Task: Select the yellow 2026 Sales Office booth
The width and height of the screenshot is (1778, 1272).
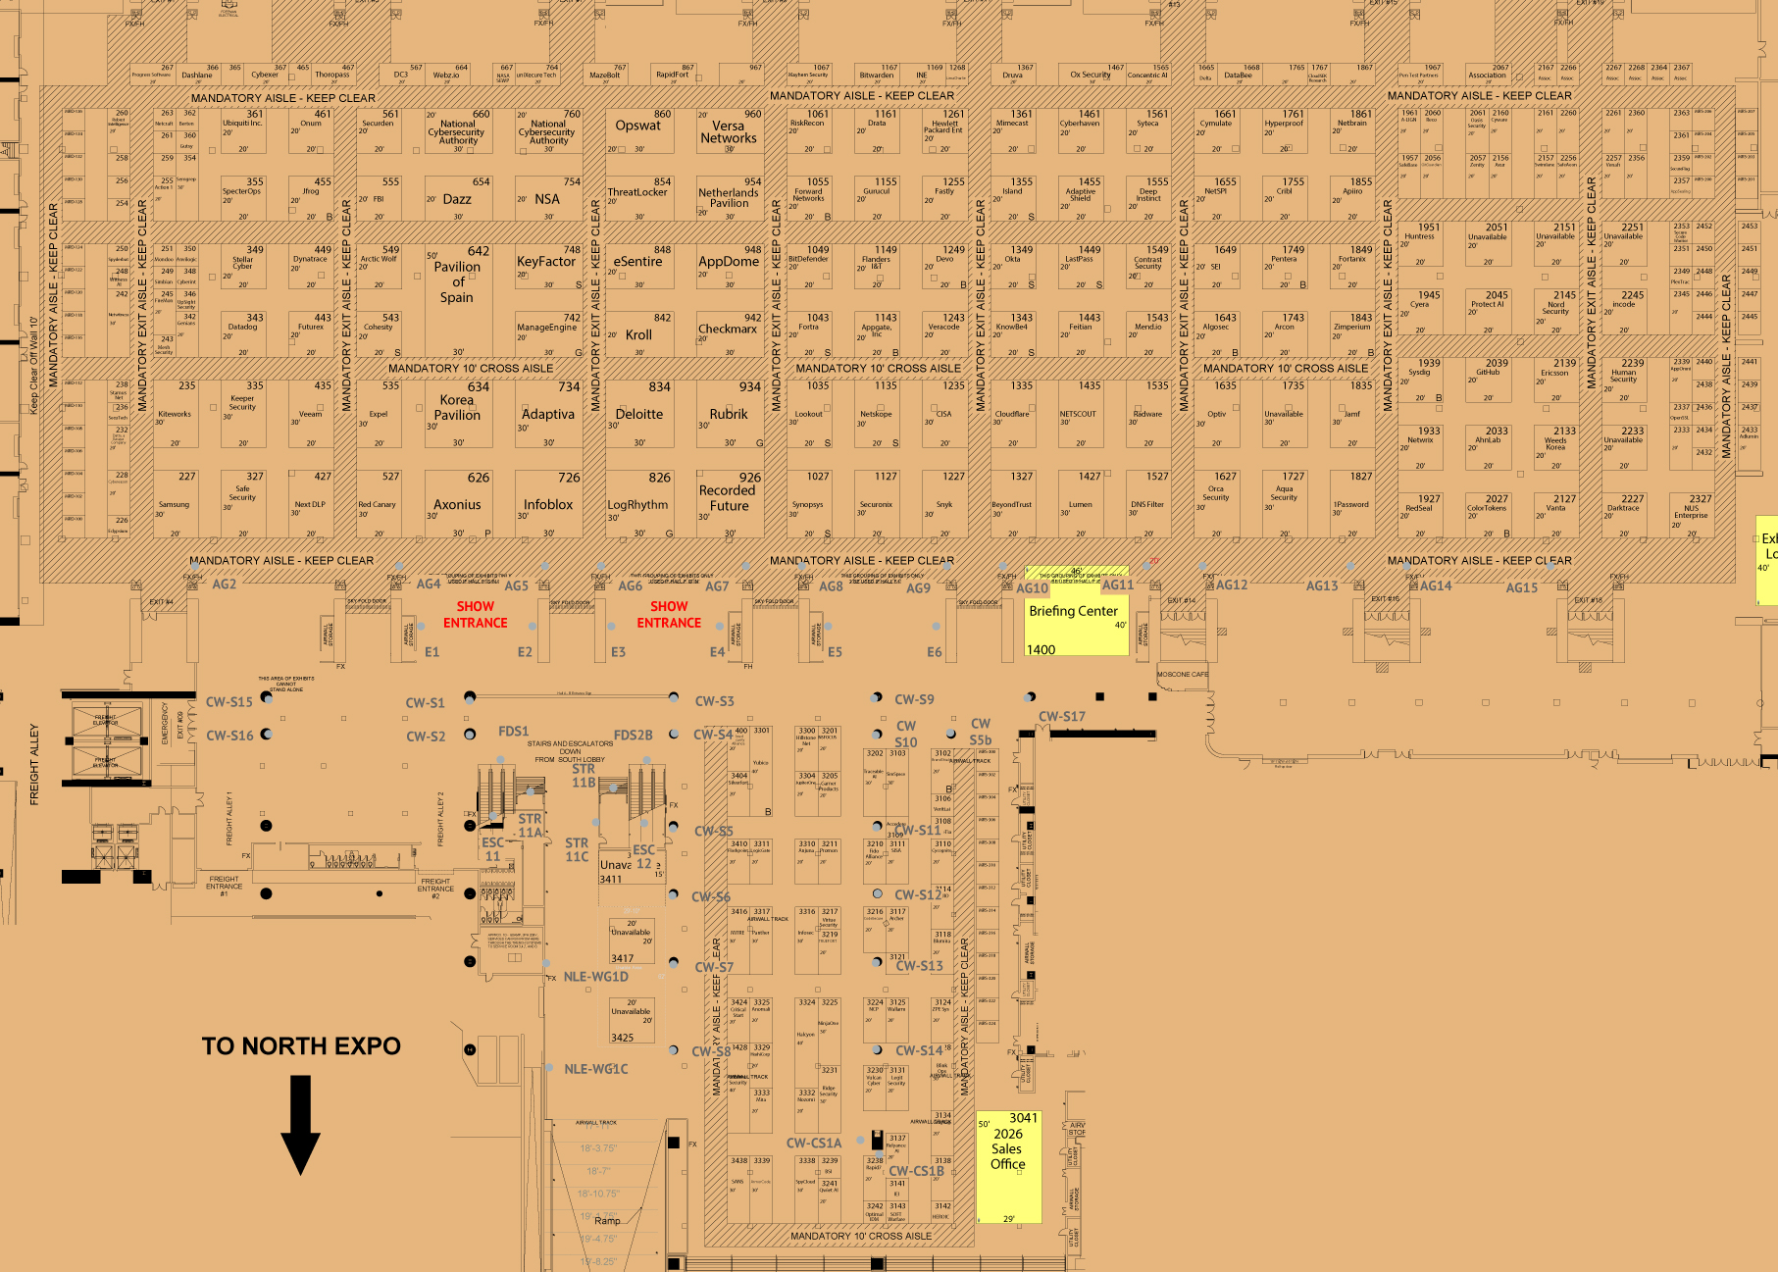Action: (1007, 1166)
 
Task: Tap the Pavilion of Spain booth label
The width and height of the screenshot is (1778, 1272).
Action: (457, 282)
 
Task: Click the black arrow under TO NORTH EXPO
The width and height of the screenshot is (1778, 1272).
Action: (300, 1124)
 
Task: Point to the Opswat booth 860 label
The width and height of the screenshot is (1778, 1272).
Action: (638, 126)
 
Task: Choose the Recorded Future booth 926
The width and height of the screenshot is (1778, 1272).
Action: (728, 499)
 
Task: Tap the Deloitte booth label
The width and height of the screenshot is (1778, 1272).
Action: (639, 415)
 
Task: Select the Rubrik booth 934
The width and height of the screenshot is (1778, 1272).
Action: (729, 415)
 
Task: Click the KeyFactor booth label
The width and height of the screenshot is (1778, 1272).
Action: (546, 262)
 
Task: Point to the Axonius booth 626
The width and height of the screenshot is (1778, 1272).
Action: (457, 505)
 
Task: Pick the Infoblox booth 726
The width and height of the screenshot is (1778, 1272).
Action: (548, 505)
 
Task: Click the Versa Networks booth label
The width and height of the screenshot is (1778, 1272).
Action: (729, 132)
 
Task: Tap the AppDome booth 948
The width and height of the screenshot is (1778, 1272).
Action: (729, 262)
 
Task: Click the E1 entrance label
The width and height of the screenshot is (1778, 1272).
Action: (432, 652)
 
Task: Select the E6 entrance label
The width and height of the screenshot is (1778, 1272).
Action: (934, 652)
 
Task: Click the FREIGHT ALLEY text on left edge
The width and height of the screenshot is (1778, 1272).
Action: (34, 765)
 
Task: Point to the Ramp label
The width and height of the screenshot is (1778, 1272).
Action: (607, 1220)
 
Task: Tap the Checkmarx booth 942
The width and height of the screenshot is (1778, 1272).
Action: (728, 330)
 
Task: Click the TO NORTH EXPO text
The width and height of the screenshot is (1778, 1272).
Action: (301, 1046)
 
